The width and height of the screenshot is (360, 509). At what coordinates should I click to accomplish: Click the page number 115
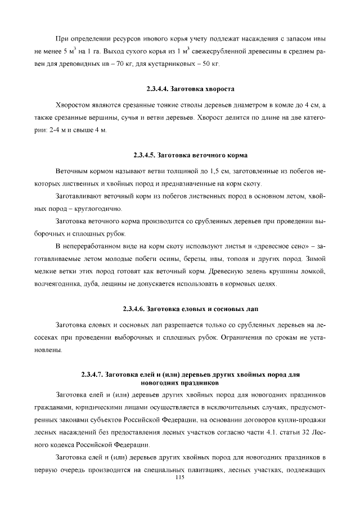pos(180,478)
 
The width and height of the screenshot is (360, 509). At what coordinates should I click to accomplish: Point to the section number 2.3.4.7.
pos(92,374)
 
